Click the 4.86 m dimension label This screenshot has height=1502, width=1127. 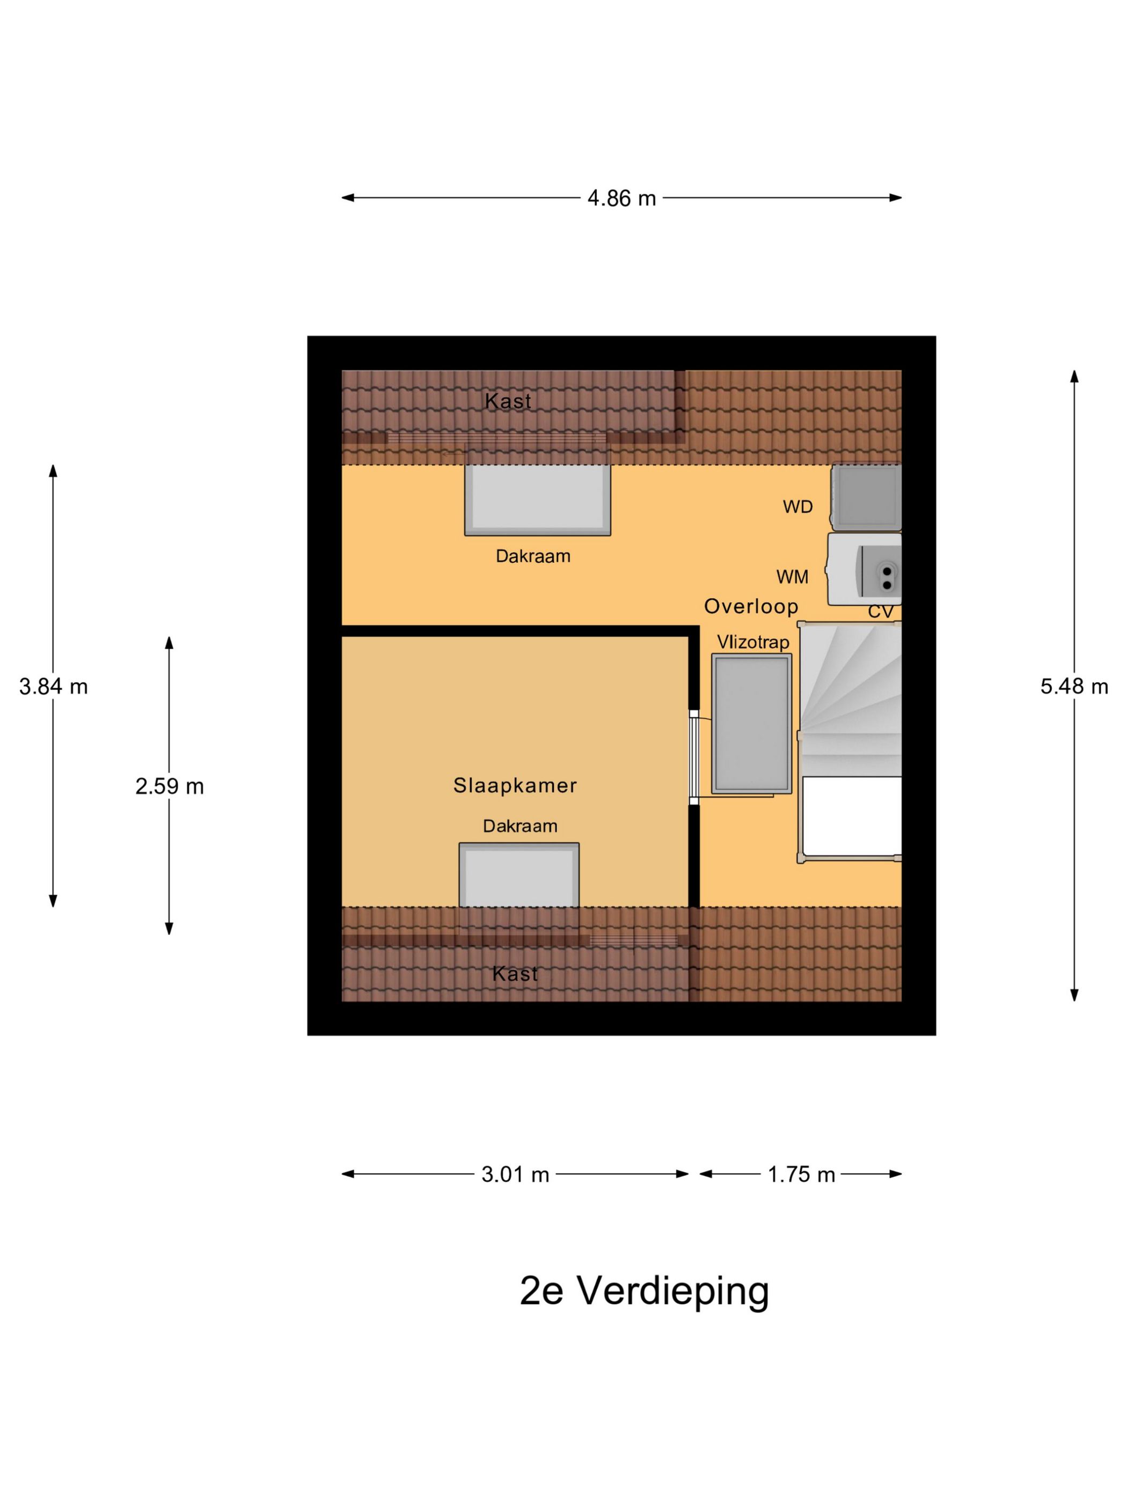621,198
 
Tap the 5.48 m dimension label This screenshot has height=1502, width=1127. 1073,687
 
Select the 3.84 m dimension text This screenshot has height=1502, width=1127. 53,687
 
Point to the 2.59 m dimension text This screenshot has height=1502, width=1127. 169,786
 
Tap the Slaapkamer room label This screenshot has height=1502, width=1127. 515,786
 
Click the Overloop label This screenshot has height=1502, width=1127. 751,606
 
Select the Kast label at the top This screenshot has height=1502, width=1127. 508,401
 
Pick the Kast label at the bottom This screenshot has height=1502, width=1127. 514,974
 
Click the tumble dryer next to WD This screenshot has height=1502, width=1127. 866,497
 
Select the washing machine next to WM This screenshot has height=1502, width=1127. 864,569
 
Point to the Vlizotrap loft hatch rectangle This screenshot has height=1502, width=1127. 751,724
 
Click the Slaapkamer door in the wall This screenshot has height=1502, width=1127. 693,756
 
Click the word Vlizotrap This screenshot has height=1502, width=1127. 753,642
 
